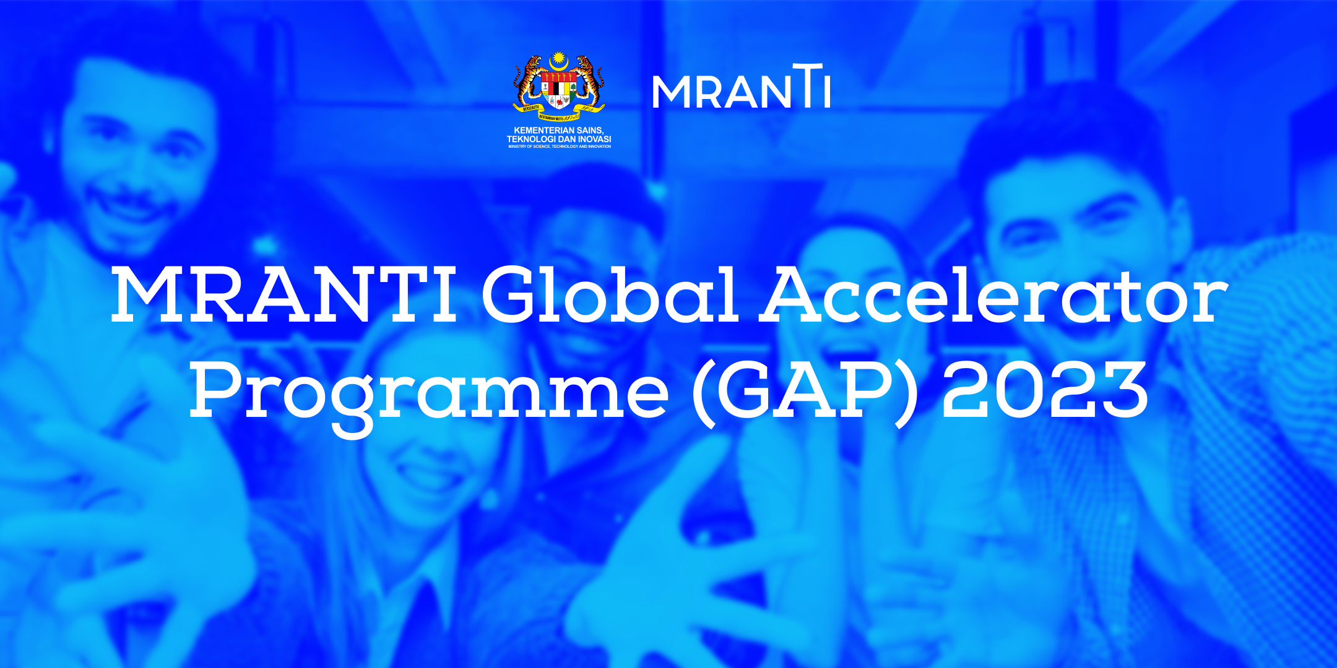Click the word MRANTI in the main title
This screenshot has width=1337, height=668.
283,294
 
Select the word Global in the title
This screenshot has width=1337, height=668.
610,294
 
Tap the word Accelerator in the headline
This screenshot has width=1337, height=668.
993,294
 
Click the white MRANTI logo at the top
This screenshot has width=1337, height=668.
741,88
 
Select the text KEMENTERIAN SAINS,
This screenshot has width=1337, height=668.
559,131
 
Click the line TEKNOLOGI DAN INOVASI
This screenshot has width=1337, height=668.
559,139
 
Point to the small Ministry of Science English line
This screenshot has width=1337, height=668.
559,147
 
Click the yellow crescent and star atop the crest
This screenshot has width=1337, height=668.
559,60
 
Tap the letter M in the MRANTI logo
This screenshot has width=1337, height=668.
671,93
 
